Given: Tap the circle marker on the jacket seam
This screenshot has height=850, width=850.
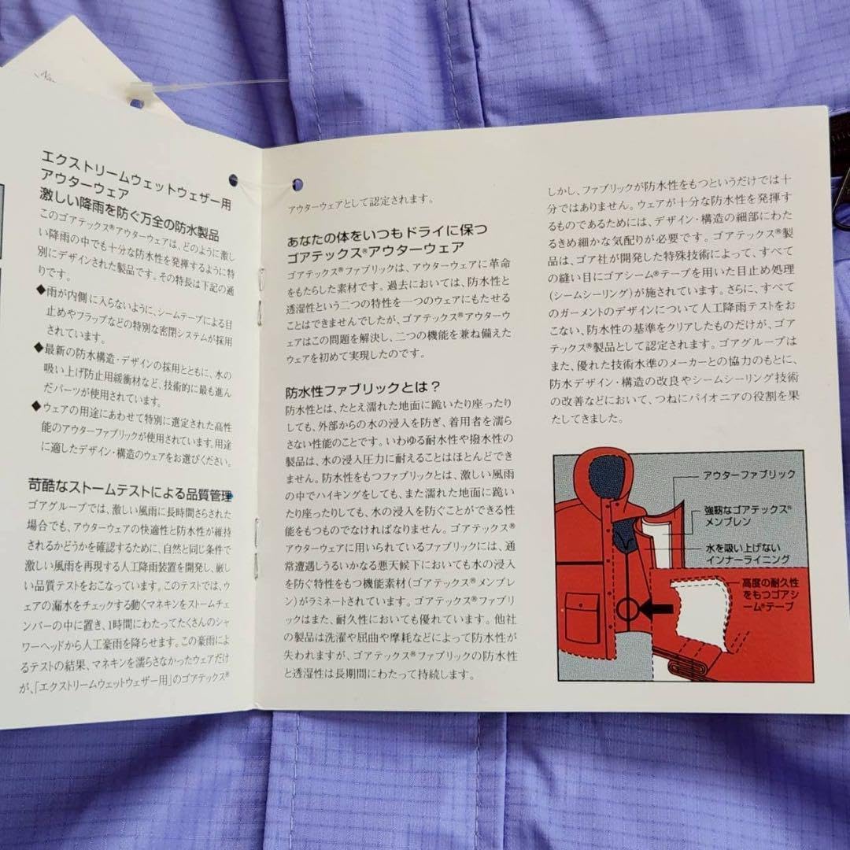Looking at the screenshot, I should pos(627,608).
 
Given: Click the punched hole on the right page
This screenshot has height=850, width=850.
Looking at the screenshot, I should pos(297,186).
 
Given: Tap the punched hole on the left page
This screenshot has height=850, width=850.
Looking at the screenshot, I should pos(234,180).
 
